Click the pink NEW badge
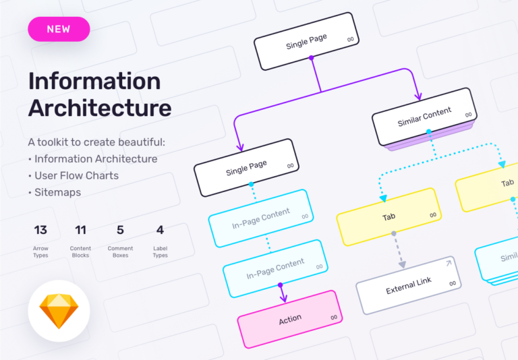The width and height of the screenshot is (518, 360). [x=59, y=29]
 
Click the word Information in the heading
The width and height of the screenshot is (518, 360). [x=94, y=82]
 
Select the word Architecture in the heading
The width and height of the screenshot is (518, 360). [x=100, y=108]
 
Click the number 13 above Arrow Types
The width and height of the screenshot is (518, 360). [x=40, y=230]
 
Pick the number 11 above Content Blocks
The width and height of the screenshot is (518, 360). [x=80, y=230]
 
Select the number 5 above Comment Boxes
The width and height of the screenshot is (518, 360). [x=120, y=230]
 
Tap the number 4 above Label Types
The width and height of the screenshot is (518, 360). [x=160, y=230]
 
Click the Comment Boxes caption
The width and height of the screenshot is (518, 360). [x=120, y=252]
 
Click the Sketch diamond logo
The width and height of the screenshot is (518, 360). [x=59, y=311]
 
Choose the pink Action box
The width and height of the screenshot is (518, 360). [x=290, y=319]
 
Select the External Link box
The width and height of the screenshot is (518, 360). [x=409, y=285]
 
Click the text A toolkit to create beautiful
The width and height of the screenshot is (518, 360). [x=96, y=142]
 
